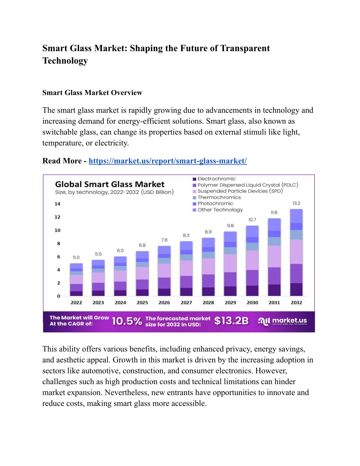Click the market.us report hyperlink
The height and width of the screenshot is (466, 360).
click(168, 161)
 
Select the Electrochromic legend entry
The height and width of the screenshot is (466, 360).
click(214, 179)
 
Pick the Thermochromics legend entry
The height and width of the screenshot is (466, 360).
click(217, 197)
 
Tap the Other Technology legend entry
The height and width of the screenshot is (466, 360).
click(218, 210)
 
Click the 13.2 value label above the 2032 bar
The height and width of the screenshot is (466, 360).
click(296, 203)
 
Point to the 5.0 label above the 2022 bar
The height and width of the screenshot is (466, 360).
click(76, 257)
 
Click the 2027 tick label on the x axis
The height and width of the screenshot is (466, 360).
click(186, 302)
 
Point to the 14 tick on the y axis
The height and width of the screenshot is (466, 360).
click(57, 204)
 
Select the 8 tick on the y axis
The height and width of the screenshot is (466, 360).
click(58, 243)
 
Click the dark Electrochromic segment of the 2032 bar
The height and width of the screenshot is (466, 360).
click(296, 289)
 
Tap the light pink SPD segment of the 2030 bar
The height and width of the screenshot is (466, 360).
click(252, 260)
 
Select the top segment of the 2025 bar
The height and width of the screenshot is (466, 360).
click(142, 255)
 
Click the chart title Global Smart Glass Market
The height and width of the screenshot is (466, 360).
click(110, 184)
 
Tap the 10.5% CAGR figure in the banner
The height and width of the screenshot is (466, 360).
click(127, 321)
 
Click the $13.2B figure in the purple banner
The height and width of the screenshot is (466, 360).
click(231, 321)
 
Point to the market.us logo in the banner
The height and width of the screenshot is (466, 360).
click(283, 321)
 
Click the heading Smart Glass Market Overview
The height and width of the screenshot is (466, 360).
click(92, 92)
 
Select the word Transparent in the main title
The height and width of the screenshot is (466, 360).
click(245, 48)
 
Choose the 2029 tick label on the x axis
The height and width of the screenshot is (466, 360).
click(230, 302)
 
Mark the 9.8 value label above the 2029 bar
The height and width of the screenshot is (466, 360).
click(230, 225)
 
